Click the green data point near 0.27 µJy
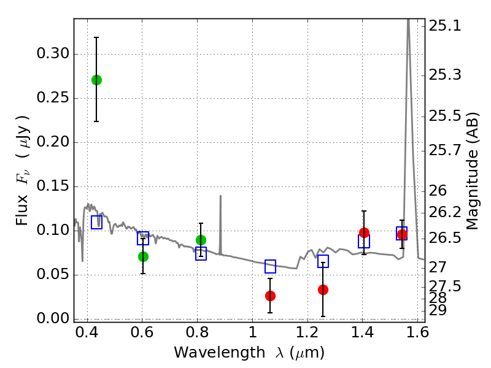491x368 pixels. (x=96, y=80)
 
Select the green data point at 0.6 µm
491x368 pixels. (x=143, y=256)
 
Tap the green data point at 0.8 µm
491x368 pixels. (x=201, y=240)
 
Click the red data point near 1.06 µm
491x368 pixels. (x=270, y=296)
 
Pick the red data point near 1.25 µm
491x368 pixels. (x=323, y=289)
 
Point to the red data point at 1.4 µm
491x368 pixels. (x=364, y=232)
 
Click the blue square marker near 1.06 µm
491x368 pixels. (x=270, y=266)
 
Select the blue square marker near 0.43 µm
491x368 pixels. (x=96, y=223)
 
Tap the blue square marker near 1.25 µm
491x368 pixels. (x=323, y=261)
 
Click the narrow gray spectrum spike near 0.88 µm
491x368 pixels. (x=220, y=212)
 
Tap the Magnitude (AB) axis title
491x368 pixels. (x=473, y=171)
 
